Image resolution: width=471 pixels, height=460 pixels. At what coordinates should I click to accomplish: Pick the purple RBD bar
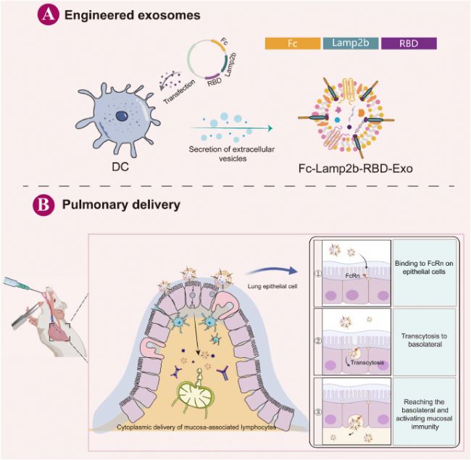click(409, 44)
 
